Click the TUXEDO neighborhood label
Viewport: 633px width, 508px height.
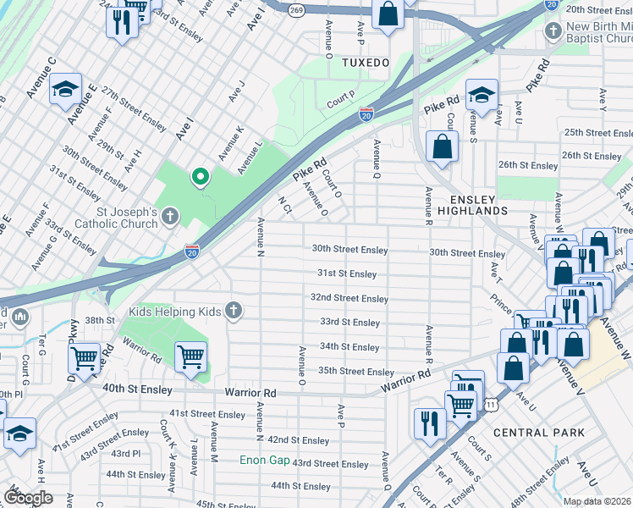[365, 63]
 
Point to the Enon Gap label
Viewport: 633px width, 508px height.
[264, 461]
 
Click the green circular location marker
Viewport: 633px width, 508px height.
[200, 176]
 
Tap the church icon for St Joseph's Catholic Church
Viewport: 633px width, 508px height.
[169, 217]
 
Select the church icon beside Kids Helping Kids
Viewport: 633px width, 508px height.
[233, 312]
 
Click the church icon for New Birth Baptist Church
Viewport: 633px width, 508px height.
[553, 31]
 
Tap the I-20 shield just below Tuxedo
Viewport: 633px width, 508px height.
[366, 113]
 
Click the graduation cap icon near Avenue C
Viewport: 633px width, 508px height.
[64, 89]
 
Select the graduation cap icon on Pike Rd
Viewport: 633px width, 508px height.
[482, 95]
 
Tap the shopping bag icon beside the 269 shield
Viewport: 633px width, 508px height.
[388, 14]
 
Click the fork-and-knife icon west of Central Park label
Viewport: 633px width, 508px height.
[430, 421]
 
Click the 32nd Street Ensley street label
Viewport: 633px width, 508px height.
[349, 298]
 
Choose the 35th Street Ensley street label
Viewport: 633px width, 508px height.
[355, 372]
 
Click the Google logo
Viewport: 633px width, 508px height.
[28, 498]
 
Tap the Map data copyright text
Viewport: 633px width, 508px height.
[597, 501]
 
